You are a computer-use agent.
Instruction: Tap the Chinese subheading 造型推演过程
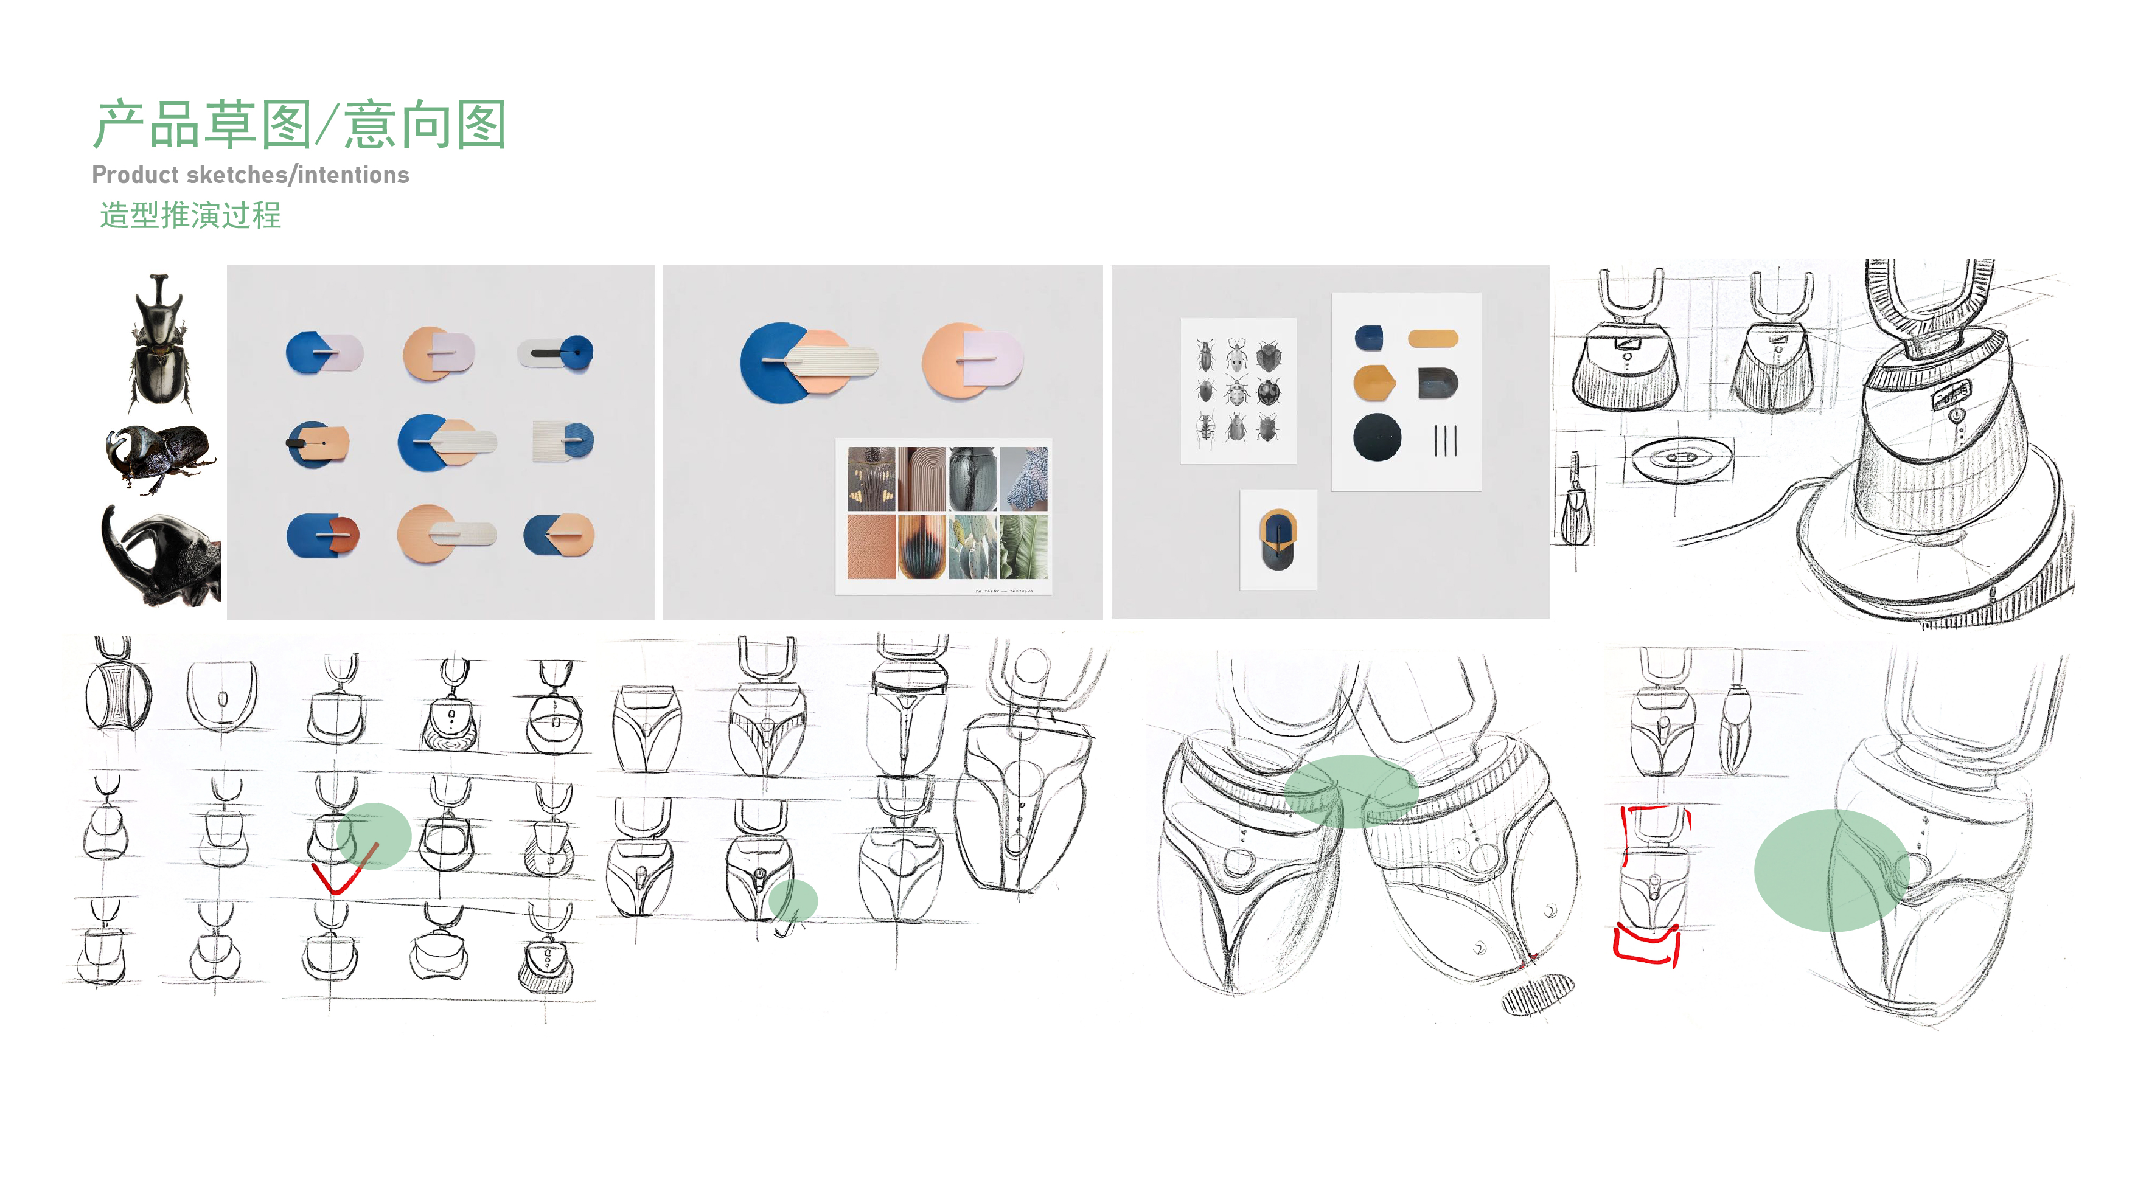pyautogui.click(x=190, y=215)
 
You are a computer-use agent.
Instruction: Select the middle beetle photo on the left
pyautogui.click(x=160, y=457)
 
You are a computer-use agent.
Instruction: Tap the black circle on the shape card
pyautogui.click(x=1377, y=437)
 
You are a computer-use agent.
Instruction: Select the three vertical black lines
pyautogui.click(x=1444, y=440)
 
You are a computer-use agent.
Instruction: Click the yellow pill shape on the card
pyautogui.click(x=1432, y=338)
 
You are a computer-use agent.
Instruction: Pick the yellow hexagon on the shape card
pyautogui.click(x=1373, y=382)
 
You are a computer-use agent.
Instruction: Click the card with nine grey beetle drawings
pyautogui.click(x=1238, y=390)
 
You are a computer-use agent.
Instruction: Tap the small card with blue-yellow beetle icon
pyautogui.click(x=1278, y=539)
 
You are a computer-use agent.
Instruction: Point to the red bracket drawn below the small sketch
pyautogui.click(x=1647, y=947)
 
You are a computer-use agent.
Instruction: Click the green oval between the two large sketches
pyautogui.click(x=1351, y=791)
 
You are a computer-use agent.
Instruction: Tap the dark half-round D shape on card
pyautogui.click(x=1437, y=383)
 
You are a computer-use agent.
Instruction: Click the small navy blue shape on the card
pyautogui.click(x=1368, y=338)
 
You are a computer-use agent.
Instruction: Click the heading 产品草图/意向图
pyautogui.click(x=299, y=125)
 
